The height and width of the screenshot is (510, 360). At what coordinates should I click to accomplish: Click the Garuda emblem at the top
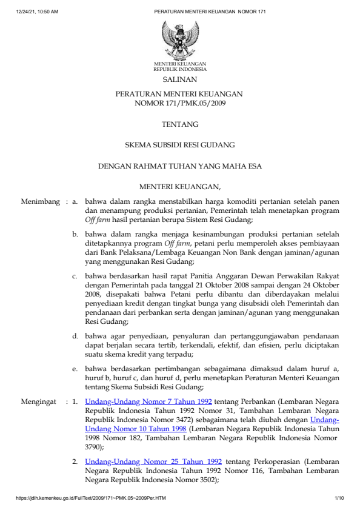click(x=179, y=39)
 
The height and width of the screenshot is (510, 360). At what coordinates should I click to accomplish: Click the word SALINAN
click(x=179, y=79)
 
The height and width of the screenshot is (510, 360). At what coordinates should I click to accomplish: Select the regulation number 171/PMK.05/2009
click(x=179, y=103)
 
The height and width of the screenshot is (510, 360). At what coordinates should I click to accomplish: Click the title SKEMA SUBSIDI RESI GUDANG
click(x=179, y=145)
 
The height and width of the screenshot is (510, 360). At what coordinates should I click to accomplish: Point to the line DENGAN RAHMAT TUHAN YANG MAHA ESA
click(x=179, y=166)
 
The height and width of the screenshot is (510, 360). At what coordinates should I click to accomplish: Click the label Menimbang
click(x=40, y=200)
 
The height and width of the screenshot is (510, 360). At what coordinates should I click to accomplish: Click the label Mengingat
click(x=39, y=401)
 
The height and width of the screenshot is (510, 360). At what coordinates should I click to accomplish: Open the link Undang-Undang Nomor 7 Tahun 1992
click(x=148, y=401)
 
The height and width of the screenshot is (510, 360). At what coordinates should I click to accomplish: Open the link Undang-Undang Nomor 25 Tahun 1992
click(x=153, y=461)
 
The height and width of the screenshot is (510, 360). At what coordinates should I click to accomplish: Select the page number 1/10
click(x=339, y=498)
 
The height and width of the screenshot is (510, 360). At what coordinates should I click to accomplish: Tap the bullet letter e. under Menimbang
click(x=75, y=367)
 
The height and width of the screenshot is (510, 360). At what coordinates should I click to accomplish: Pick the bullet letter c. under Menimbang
click(x=75, y=276)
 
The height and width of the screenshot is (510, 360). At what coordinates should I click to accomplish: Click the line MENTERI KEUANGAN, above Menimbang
click(x=179, y=186)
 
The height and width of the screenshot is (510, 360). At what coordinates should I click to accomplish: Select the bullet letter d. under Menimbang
click(x=75, y=335)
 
